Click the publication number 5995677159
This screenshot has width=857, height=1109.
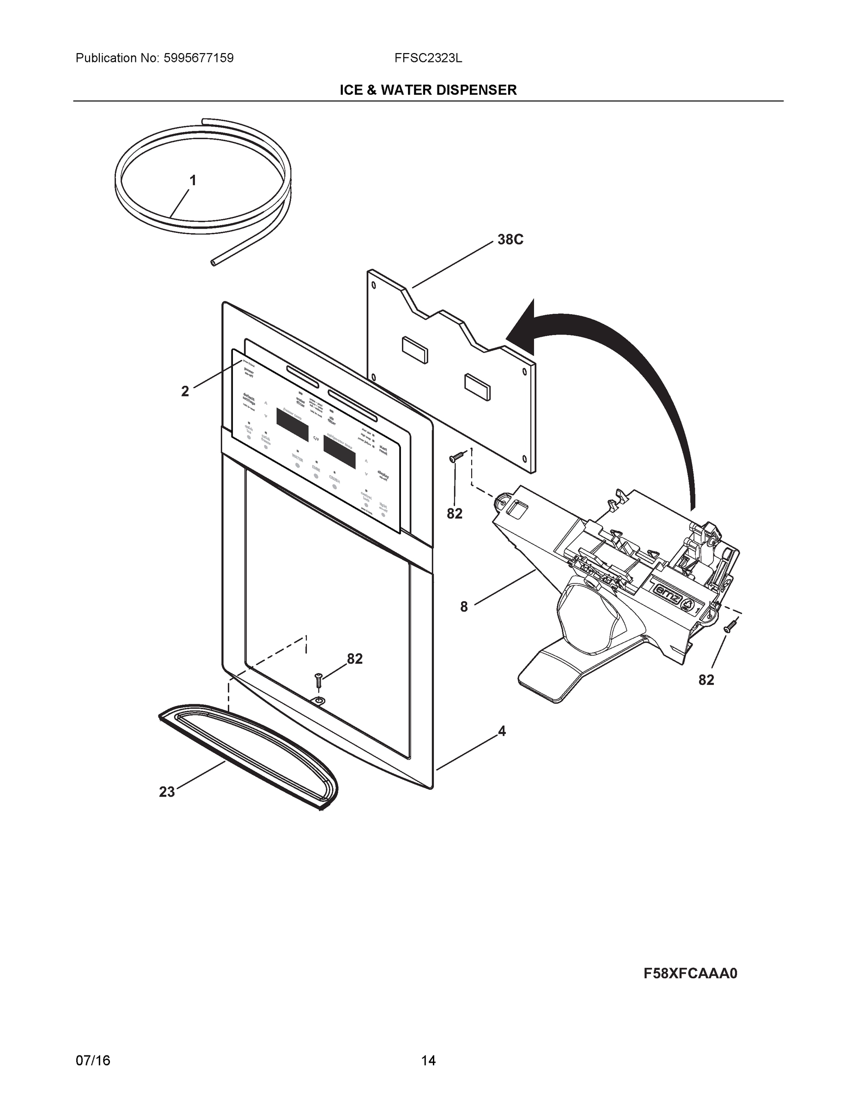(198, 58)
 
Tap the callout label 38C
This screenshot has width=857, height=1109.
(510, 239)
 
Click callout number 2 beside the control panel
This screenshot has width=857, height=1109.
(185, 391)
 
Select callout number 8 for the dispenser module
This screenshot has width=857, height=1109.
(463, 606)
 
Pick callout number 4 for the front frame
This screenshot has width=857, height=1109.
(502, 731)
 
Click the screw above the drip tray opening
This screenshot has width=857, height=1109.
(318, 679)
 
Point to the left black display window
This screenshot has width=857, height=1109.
(292, 425)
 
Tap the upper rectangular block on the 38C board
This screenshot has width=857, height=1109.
(414, 349)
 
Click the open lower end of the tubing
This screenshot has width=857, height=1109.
(213, 262)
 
